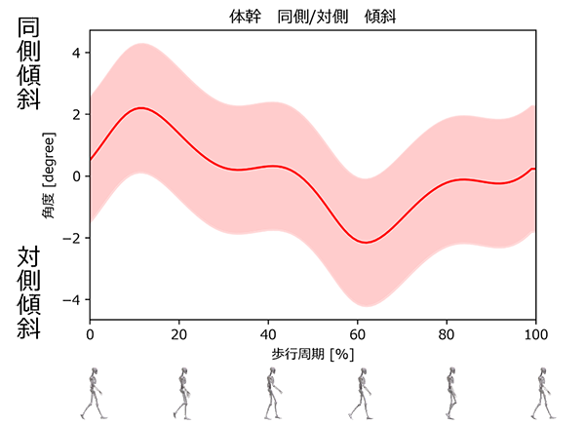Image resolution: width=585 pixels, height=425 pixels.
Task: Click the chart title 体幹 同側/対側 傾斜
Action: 313,18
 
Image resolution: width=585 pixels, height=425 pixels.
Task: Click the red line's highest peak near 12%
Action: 142,108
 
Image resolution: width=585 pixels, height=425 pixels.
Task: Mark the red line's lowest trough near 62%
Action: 366,242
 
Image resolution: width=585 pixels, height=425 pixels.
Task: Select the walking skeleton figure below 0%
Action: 94,393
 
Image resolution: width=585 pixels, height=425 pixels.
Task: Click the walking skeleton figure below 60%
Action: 363,393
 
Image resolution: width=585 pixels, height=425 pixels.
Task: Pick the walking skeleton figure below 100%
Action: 541,393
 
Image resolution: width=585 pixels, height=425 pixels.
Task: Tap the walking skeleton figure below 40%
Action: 273,393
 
